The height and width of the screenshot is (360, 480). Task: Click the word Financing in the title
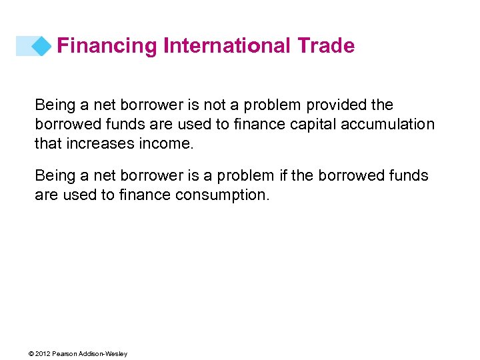[107, 45]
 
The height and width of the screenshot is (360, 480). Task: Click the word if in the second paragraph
[282, 176]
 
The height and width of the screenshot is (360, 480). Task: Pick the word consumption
[223, 195]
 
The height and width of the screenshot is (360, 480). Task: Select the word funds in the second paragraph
[411, 176]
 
